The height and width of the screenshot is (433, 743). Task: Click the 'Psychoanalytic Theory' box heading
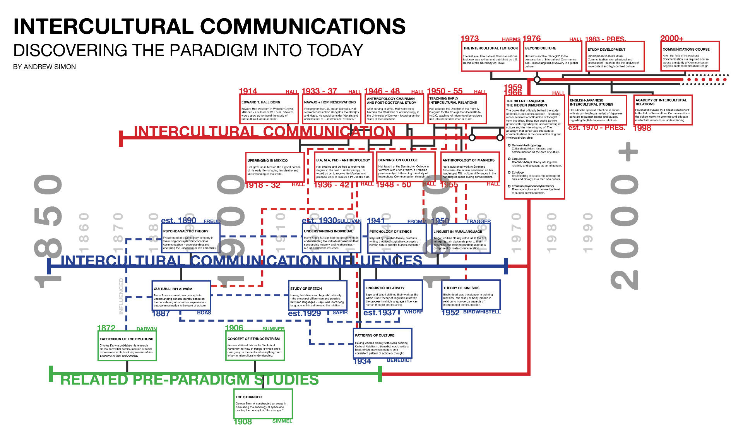[186, 231]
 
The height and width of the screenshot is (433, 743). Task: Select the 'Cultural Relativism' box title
[173, 289]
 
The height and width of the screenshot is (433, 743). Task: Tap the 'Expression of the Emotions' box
[127, 347]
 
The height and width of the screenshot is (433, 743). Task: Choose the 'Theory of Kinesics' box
[471, 296]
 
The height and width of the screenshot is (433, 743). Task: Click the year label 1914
[248, 91]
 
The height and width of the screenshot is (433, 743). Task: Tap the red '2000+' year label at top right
[672, 38]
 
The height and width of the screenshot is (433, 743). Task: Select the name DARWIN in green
[147, 329]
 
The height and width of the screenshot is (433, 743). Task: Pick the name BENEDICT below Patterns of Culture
[399, 360]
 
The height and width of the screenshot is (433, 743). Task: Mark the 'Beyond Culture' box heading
[541, 48]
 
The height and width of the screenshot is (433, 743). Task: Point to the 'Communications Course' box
[690, 57]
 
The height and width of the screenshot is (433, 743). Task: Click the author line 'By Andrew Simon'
[45, 67]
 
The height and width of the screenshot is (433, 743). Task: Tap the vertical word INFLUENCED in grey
[121, 296]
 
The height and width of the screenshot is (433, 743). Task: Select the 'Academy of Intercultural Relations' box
[663, 110]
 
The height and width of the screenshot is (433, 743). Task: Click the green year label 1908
[243, 421]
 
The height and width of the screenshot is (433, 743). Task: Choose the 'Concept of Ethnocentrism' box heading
[253, 339]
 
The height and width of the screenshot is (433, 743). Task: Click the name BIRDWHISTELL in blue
[482, 312]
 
